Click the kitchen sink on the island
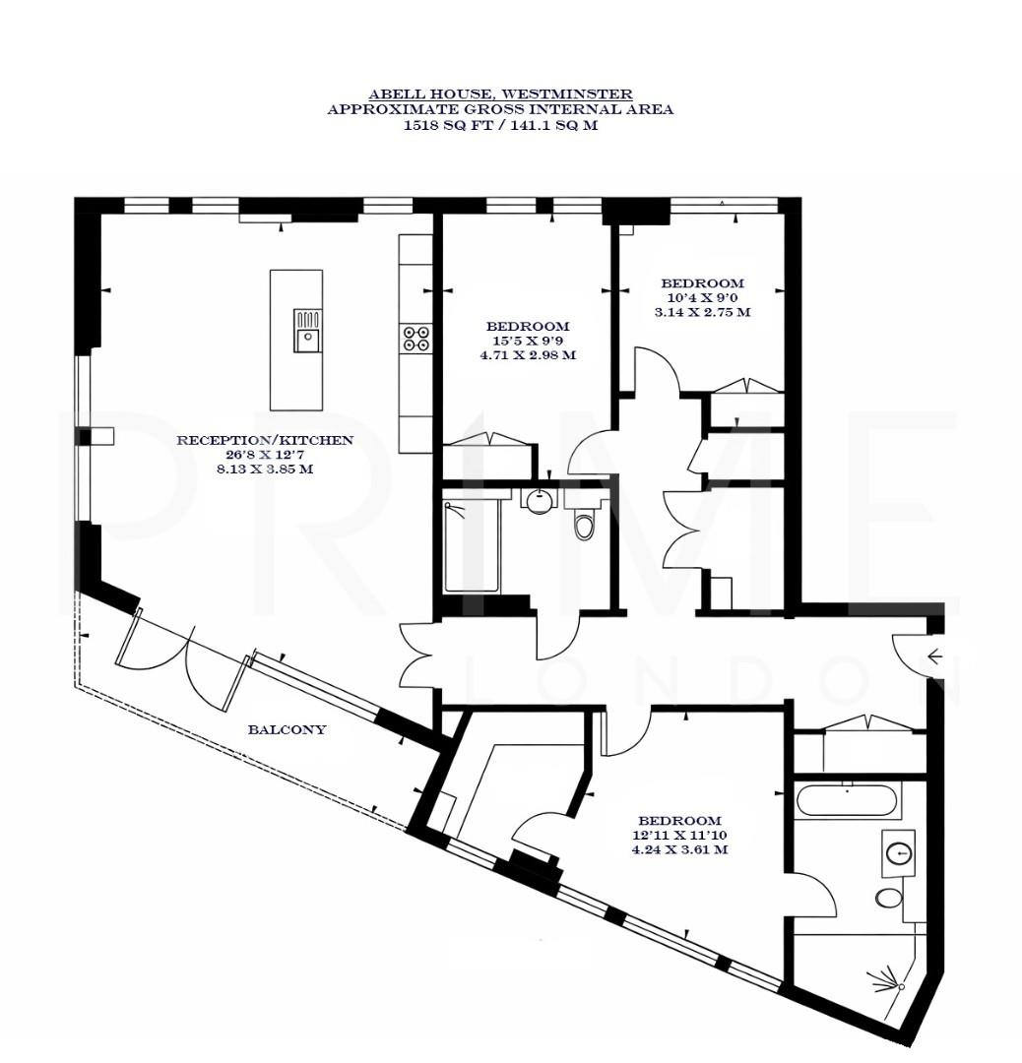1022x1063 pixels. pyautogui.click(x=307, y=332)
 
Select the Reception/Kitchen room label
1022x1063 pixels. pyautogui.click(x=264, y=440)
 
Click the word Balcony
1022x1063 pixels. pyautogui.click(x=287, y=730)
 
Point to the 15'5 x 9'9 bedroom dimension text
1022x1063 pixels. pyautogui.click(x=528, y=341)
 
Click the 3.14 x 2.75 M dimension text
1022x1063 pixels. pyautogui.click(x=702, y=312)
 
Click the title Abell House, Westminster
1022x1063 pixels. pyautogui.click(x=500, y=94)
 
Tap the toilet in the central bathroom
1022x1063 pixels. pyautogui.click(x=584, y=523)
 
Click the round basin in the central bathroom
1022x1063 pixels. pyautogui.click(x=538, y=500)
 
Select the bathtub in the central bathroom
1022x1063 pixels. pyautogui.click(x=471, y=547)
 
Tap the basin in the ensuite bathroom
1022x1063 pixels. pyautogui.click(x=899, y=853)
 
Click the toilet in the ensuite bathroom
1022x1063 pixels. pyautogui.click(x=889, y=898)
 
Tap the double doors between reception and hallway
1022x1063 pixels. pyautogui.click(x=418, y=655)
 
